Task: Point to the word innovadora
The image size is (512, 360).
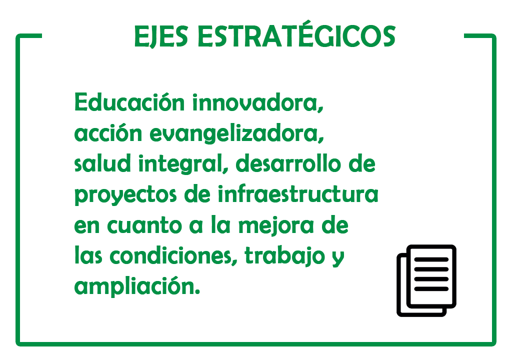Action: tap(257, 102)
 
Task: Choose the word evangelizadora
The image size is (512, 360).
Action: tap(236, 133)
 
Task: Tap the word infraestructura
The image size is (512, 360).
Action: tap(298, 194)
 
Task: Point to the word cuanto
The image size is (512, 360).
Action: tap(144, 225)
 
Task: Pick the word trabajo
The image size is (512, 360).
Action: tap(284, 256)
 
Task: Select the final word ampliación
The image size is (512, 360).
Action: tap(137, 286)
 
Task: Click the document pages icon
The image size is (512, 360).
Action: tap(426, 280)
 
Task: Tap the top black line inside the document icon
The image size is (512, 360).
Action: tap(431, 259)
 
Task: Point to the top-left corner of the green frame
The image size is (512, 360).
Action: tap(17, 35)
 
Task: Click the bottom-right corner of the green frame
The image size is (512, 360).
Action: tap(494, 344)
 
